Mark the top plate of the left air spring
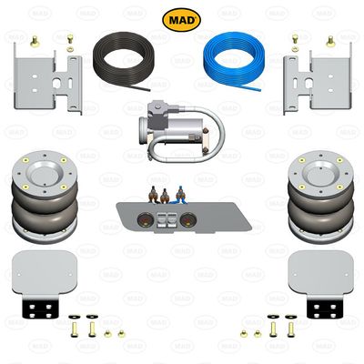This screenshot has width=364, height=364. point(41,169)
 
